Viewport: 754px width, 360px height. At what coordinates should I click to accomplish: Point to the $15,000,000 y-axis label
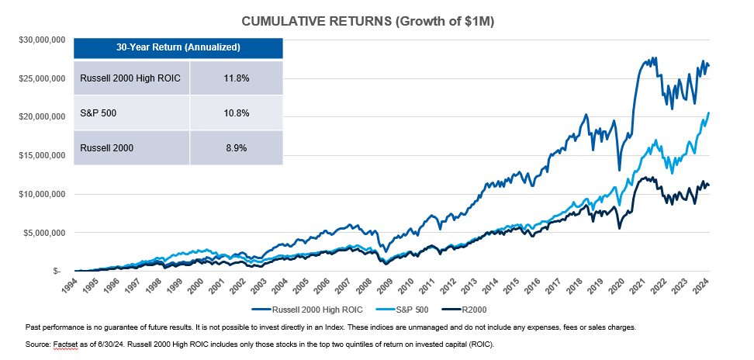pos(41,155)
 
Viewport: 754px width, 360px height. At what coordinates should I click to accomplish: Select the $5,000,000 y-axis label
pos(43,232)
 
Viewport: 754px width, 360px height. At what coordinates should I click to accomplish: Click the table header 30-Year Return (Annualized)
pos(178,47)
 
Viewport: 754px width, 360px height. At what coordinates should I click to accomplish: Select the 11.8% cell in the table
pos(236,78)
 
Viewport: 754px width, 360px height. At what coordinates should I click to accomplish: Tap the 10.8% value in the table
pos(236,113)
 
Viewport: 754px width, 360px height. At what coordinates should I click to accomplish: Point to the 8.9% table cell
pos(236,148)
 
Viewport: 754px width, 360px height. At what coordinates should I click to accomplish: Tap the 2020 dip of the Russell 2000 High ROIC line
pos(619,169)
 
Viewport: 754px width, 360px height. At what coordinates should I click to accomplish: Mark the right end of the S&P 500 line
pos(709,113)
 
